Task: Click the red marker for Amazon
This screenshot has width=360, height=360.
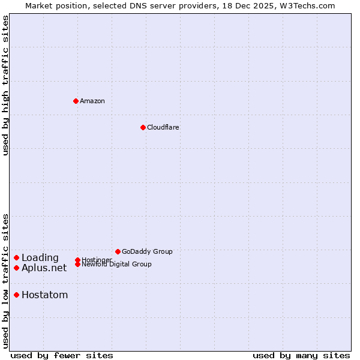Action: point(76,101)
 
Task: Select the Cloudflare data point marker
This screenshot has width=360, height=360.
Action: point(143,127)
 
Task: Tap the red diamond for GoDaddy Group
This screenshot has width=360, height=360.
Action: point(118,251)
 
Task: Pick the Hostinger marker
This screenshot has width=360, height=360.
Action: point(77,260)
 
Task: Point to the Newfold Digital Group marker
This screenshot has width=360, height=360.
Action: point(77,264)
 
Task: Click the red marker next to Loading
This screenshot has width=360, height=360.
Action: point(17,258)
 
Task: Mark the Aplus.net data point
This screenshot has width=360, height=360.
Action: point(17,268)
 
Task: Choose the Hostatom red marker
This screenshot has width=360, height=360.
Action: point(17,295)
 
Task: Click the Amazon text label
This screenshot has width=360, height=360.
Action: point(92,101)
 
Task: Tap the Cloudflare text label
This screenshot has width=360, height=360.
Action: point(163,127)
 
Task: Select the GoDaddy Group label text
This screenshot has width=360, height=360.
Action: point(147,251)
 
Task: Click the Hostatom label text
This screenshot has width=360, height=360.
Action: point(44,295)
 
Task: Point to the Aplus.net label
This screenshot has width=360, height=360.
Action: point(44,268)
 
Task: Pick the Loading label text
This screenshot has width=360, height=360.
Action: point(40,258)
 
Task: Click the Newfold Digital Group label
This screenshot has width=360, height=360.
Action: point(117,265)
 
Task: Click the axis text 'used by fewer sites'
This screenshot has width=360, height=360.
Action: point(62,355)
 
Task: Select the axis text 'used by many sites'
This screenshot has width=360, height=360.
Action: point(301,355)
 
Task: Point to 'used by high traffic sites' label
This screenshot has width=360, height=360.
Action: point(6,85)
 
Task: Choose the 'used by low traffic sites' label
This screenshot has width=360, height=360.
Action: point(6,281)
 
